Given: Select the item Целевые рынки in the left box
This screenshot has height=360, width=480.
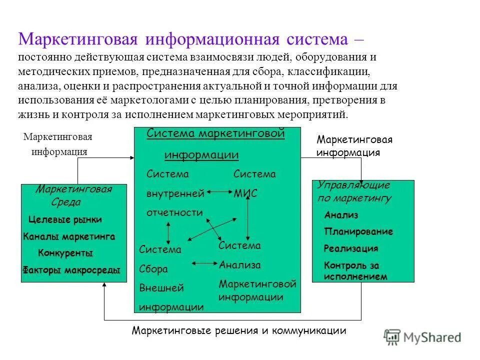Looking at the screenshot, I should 65,219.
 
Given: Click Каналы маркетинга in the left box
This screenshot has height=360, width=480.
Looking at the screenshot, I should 69,236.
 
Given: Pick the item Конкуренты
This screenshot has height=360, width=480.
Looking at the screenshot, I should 65,253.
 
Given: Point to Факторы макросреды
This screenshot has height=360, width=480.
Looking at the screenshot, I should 71,270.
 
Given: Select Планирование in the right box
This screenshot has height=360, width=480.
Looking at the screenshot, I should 358,232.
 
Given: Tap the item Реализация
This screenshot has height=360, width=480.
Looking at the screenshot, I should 350,248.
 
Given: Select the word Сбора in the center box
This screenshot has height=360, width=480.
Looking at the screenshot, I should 153,269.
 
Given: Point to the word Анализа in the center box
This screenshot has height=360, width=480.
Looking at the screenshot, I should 239,265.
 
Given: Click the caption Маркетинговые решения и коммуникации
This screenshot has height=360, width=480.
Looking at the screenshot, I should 239,330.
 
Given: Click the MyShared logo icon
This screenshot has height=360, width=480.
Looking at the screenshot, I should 392,337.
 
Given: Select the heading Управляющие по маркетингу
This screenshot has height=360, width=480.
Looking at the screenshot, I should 354,191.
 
